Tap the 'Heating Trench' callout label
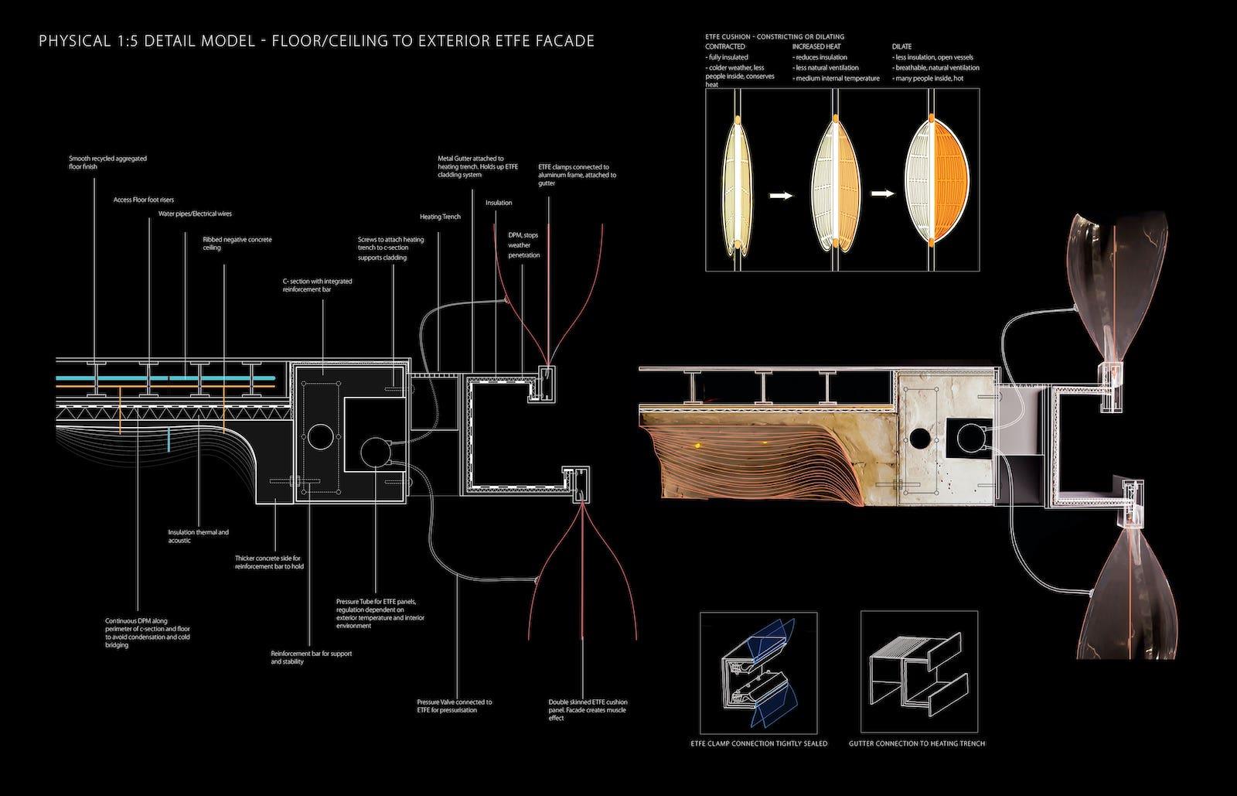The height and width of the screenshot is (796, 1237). tap(440, 217)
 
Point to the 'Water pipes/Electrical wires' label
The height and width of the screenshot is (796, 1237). tap(195, 214)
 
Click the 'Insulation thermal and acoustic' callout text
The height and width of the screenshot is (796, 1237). tap(198, 536)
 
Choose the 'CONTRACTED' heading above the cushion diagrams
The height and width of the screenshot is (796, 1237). tap(725, 46)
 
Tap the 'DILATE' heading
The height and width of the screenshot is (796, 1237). tap(901, 46)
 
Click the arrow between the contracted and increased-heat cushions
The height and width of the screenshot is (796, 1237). tap(782, 196)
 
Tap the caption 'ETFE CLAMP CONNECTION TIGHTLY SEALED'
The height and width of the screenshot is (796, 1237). tap(758, 743)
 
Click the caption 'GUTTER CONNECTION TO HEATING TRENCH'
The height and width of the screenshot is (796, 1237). tap(917, 743)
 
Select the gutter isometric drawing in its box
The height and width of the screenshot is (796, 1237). tap(918, 672)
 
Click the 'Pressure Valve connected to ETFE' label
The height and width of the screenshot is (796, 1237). tap(454, 706)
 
